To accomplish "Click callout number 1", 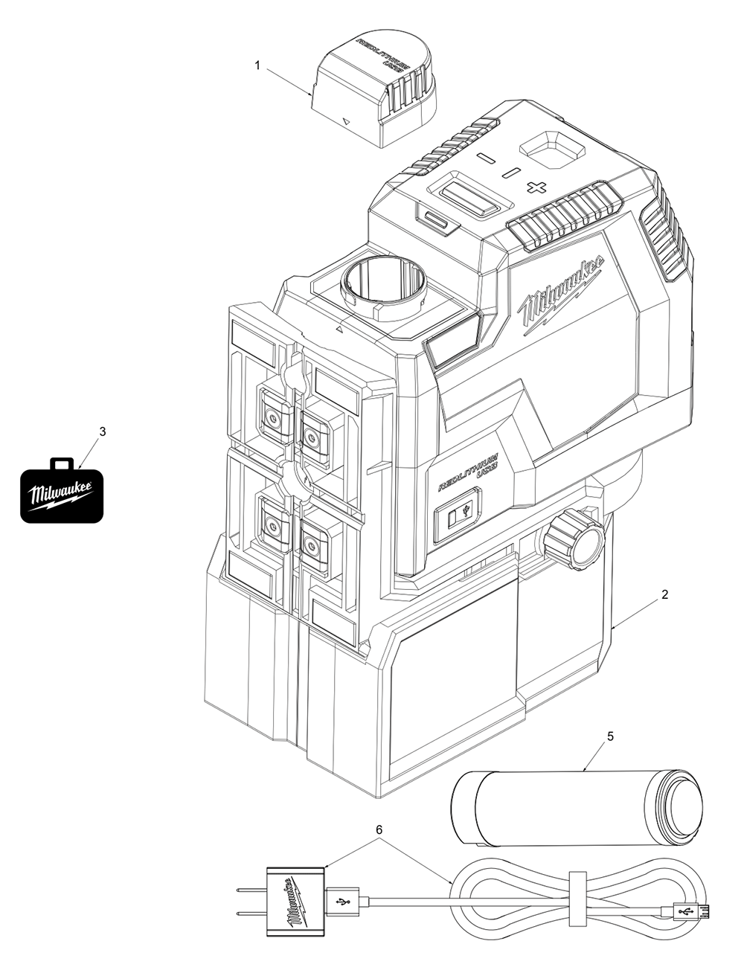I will tap(257, 65).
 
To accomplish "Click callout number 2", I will tap(665, 594).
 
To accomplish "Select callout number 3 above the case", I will tap(103, 431).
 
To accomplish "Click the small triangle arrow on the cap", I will tap(345, 120).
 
